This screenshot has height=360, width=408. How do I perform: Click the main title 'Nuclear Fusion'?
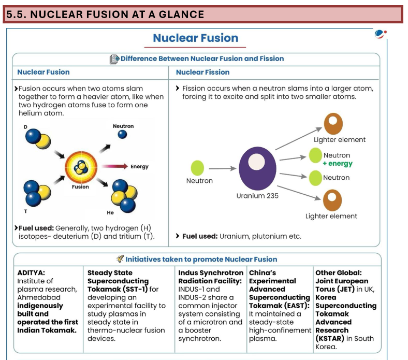point(195,38)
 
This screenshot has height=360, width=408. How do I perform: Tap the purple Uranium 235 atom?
point(257,167)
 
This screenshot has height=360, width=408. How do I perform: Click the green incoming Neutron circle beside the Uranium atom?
point(198,167)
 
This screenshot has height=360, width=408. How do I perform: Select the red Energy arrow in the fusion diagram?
point(114,166)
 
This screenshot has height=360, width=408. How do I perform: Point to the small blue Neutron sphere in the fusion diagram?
point(122,135)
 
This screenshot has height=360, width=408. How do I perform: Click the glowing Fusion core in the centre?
point(80,167)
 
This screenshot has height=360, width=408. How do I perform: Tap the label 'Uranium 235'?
point(257,196)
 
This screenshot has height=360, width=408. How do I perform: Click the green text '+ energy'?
point(337,164)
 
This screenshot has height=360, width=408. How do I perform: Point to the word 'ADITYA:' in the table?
point(31,272)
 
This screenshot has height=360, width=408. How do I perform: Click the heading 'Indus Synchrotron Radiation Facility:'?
point(210,277)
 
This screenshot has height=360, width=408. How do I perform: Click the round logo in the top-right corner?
point(380,34)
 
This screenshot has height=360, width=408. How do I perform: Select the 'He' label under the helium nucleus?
point(110,213)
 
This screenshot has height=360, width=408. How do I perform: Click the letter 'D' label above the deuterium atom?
point(25,126)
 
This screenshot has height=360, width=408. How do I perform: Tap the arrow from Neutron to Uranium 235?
point(222,168)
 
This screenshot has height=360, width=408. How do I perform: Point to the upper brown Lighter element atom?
point(333,123)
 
